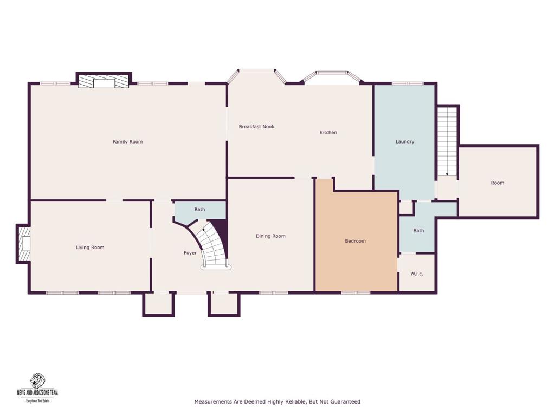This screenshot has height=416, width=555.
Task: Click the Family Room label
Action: (127, 142)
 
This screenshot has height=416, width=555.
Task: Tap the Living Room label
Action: (90, 248)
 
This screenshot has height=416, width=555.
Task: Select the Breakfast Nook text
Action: (256, 127)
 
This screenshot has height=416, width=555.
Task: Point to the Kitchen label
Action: (328, 133)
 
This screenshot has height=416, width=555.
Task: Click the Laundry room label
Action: (405, 142)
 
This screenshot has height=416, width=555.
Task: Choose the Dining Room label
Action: (270, 236)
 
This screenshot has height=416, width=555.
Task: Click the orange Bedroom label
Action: (355, 241)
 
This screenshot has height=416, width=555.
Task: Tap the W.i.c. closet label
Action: (416, 274)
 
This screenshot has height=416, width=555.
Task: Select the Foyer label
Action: (190, 253)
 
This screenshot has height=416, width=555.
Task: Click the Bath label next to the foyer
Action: (199, 210)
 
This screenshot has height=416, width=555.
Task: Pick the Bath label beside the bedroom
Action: (418, 231)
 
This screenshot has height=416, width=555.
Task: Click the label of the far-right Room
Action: (497, 183)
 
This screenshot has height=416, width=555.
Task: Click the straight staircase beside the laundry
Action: (448, 141)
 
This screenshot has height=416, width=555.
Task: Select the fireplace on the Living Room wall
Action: (24, 245)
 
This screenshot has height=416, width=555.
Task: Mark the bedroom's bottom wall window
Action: (356, 293)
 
